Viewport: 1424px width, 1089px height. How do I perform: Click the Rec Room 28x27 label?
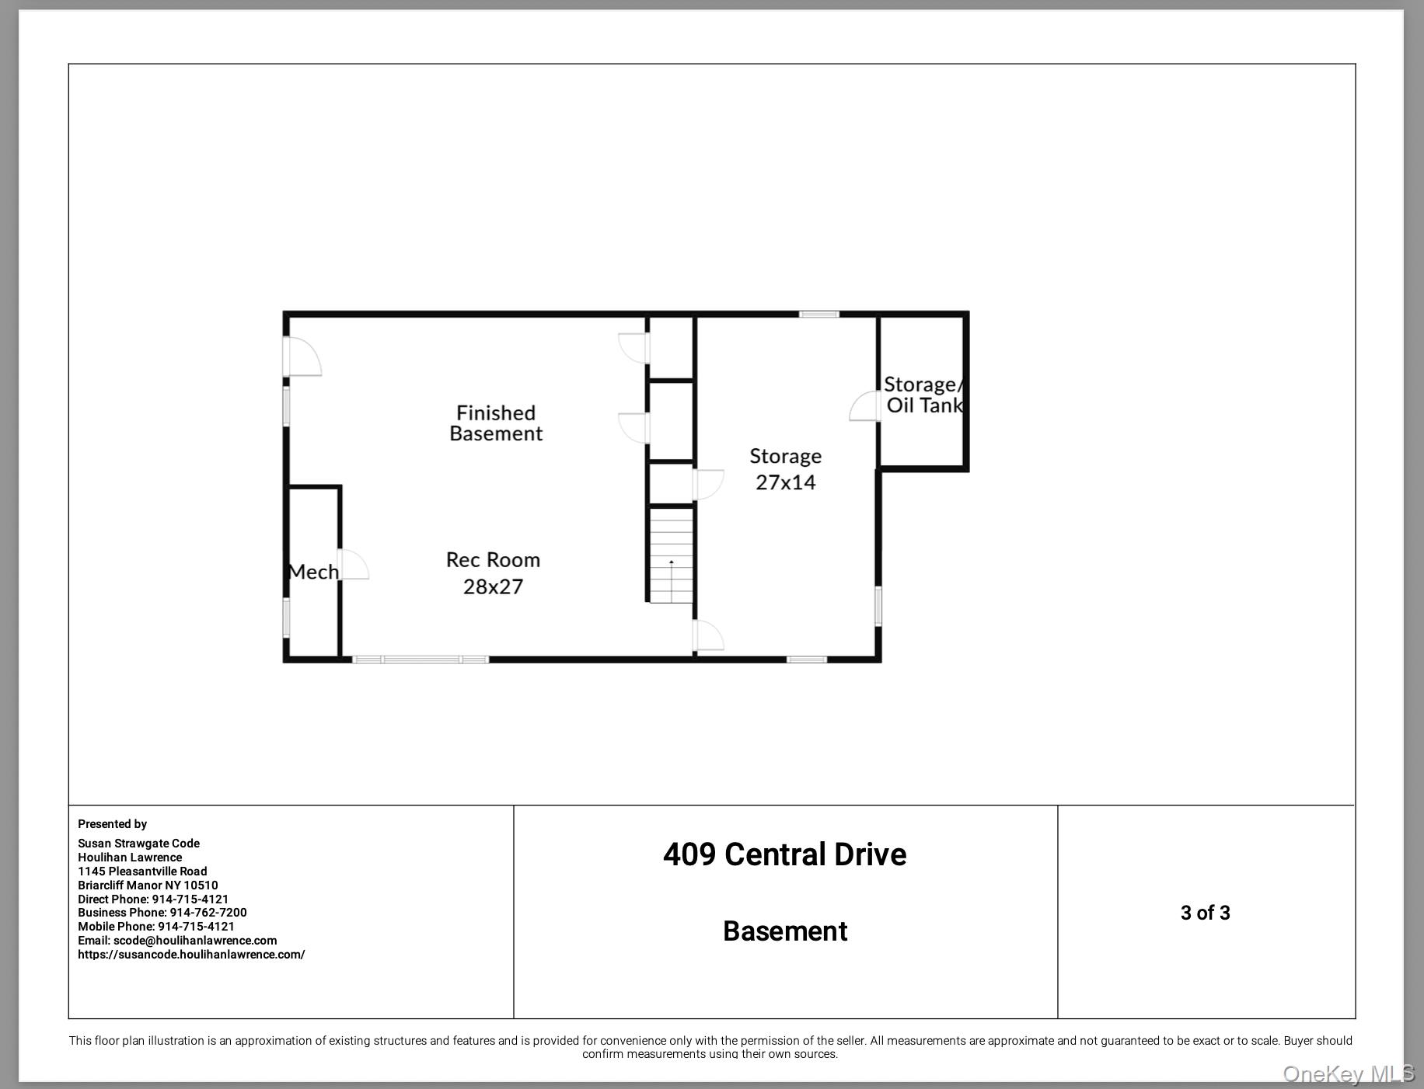point(493,573)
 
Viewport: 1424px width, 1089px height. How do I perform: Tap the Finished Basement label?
point(496,423)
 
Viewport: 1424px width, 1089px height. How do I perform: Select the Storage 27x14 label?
point(785,469)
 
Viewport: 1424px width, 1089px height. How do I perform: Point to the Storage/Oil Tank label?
point(924,395)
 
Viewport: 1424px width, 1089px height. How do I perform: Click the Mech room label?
point(313,572)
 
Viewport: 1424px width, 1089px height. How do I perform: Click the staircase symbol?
point(671,555)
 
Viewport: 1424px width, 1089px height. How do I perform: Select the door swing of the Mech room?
point(354,564)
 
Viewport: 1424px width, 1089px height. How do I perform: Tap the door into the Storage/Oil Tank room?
point(864,406)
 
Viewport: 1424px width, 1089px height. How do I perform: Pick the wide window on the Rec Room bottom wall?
point(421,659)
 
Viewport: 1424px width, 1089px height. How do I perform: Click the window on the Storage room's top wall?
point(819,314)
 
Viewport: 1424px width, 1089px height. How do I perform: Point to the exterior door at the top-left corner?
point(303,357)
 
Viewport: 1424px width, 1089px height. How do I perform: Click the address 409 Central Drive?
point(784,854)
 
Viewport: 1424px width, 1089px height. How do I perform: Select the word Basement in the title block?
point(785,931)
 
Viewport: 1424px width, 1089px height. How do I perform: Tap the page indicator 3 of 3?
point(1205,913)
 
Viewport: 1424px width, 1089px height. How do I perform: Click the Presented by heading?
point(112,824)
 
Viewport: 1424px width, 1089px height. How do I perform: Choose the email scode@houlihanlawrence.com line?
point(177,941)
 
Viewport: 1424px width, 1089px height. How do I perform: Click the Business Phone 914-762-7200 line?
point(162,913)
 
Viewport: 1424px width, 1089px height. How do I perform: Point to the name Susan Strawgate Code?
point(138,844)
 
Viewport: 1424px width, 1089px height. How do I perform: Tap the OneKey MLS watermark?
point(1349,1074)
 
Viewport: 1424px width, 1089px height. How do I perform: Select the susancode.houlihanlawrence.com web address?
point(191,955)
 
